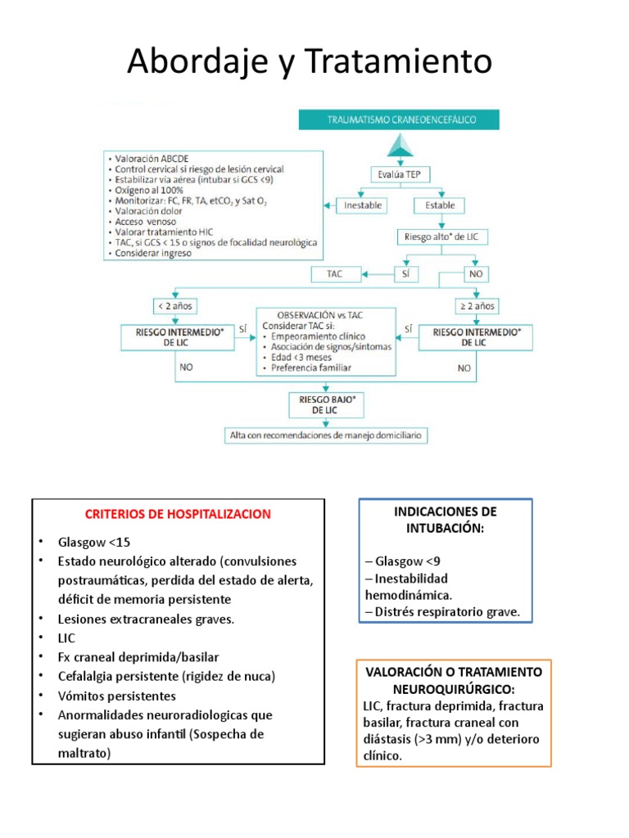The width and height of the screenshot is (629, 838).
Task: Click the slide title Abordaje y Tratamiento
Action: point(310,61)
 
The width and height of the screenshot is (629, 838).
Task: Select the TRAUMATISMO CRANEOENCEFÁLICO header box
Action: point(401,119)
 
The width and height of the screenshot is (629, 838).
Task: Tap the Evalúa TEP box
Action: point(401,174)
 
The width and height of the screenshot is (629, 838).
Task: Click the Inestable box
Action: point(363,205)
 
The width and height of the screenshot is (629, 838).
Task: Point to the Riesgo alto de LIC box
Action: point(440,237)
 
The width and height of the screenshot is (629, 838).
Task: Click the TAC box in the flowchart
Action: point(335,273)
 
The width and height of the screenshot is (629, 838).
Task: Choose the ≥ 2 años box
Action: point(477,307)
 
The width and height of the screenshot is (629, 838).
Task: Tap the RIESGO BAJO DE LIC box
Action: point(325,404)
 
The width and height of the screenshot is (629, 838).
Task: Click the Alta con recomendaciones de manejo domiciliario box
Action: point(326,436)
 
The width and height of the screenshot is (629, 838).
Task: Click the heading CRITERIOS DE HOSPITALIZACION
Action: point(178,515)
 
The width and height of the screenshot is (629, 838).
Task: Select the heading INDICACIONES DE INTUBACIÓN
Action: point(446,520)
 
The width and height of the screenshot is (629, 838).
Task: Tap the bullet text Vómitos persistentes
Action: point(117,696)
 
